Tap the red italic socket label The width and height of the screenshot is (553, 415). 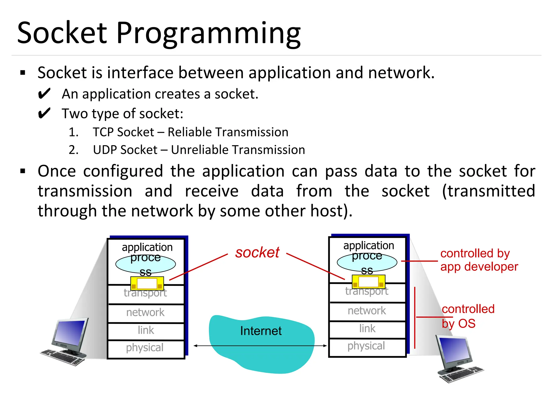[257, 253]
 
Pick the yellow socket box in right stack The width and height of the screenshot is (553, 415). [368, 282]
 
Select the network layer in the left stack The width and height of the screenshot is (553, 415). [145, 313]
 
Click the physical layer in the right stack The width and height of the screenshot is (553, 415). [366, 346]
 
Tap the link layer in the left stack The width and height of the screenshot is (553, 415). [146, 330]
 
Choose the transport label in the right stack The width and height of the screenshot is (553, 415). [367, 291]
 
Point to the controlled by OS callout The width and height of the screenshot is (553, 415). [467, 316]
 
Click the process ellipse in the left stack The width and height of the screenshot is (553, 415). [146, 264]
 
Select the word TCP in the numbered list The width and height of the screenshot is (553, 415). [103, 132]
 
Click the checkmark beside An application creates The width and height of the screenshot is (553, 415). [44, 94]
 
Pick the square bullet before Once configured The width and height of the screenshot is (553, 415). [23, 171]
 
